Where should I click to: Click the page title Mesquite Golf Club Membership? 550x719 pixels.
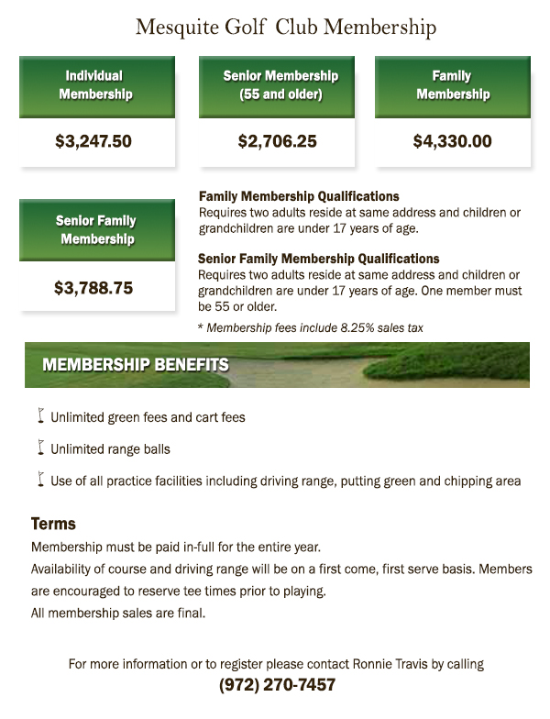pos(285,28)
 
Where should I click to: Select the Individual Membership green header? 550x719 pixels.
pos(95,84)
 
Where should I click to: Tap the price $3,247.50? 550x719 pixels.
pos(93,142)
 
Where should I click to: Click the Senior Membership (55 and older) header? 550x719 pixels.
pos(280,84)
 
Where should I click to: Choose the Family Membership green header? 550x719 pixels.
pos(452,84)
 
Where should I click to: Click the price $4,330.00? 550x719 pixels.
pos(452,142)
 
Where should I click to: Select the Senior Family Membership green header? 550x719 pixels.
pos(95,229)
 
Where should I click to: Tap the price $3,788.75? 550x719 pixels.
pos(93,288)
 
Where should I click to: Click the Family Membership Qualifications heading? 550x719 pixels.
pos(299,196)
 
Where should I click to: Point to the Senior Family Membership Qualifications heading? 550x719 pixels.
pos(318,259)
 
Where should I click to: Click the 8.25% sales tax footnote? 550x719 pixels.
pos(310,327)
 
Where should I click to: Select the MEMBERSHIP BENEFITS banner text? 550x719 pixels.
pos(136,364)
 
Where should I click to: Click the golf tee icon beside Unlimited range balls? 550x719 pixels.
pos(40,448)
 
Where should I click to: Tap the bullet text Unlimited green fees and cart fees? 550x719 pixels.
pos(148,417)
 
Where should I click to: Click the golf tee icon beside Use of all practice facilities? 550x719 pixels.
pos(40,479)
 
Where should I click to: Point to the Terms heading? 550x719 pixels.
pos(53,525)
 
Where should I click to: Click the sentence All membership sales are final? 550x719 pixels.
pos(118,614)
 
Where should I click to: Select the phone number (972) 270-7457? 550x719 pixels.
pos(277,685)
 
